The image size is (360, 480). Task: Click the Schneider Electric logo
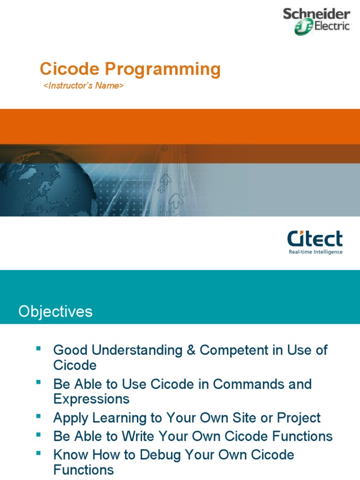(x=316, y=22)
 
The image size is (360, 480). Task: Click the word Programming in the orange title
(x=163, y=70)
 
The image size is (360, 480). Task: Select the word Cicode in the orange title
(x=70, y=68)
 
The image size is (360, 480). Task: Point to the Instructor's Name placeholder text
(x=83, y=85)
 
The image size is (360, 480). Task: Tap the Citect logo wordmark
(x=315, y=239)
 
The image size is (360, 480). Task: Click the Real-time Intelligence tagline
(x=315, y=252)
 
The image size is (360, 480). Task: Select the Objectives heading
(x=55, y=312)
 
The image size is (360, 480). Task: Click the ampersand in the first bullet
(x=191, y=350)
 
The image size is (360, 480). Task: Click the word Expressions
(x=91, y=399)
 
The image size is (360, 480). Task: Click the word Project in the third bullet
(x=299, y=418)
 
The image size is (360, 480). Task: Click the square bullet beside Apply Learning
(x=38, y=416)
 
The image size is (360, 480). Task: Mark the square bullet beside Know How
(x=38, y=453)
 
